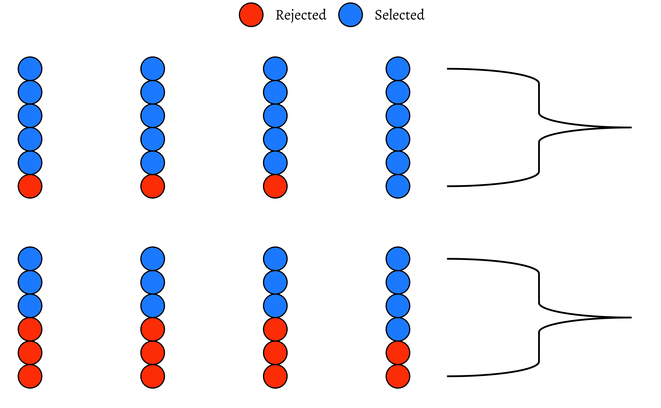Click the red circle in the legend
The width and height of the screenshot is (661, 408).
pos(251,15)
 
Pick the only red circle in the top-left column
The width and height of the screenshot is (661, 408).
pos(30,186)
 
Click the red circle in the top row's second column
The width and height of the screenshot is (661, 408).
pos(153,186)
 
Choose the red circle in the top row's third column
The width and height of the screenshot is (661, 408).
pos(275,186)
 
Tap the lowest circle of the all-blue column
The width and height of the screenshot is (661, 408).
pos(398,186)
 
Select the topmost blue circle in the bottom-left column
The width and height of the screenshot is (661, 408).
pos(30,259)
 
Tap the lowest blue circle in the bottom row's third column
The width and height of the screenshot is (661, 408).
pos(275,306)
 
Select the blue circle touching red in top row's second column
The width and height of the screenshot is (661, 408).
pos(153,163)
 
